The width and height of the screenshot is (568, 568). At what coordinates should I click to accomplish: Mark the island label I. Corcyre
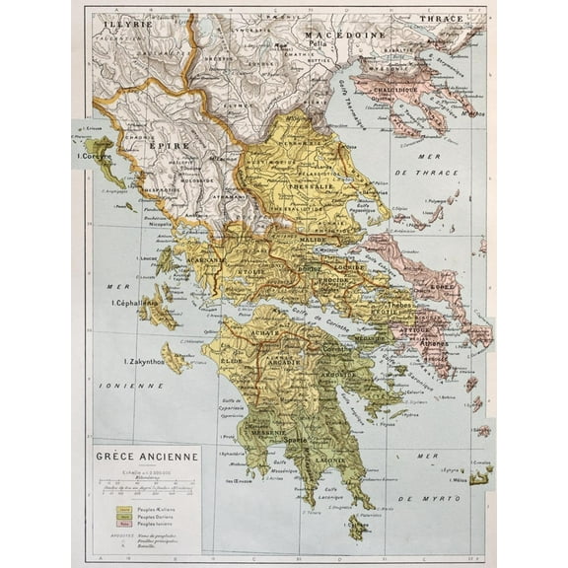pos(94,155)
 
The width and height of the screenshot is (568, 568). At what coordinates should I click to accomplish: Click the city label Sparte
pos(297,439)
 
